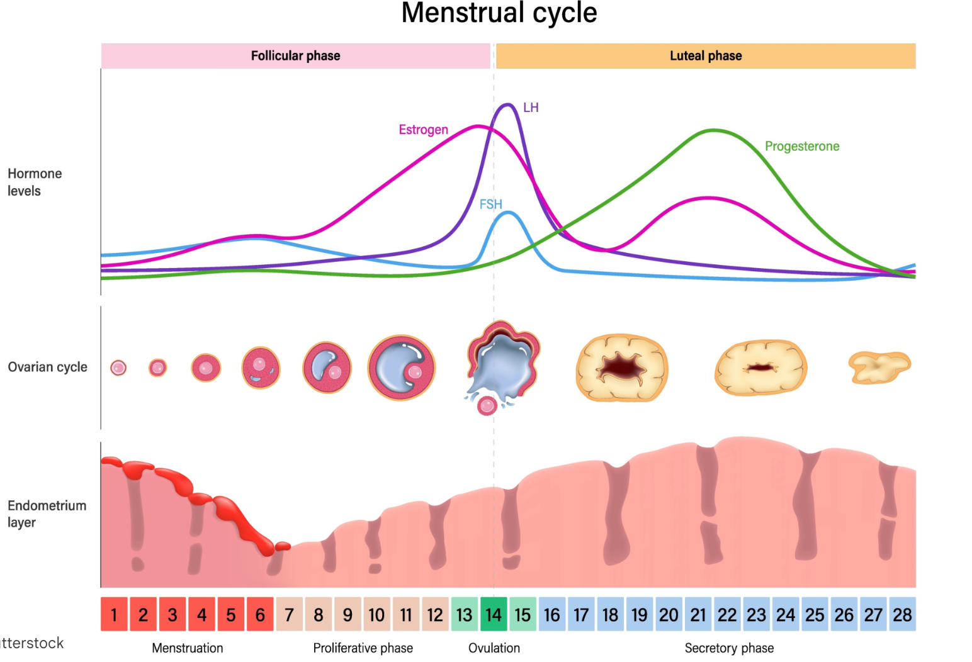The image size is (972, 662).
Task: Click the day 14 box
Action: [x=494, y=614]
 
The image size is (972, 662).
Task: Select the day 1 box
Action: [x=114, y=614]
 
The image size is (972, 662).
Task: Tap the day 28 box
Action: [x=902, y=614]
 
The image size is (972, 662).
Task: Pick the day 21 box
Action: [x=698, y=614]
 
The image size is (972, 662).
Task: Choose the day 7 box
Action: [x=289, y=614]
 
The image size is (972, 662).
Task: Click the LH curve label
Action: [x=531, y=108]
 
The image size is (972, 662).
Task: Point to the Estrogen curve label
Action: [x=423, y=130]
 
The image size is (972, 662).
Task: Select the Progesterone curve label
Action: [x=801, y=147]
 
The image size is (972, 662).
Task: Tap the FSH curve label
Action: [x=490, y=205]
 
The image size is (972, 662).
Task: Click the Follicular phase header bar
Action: [x=295, y=56]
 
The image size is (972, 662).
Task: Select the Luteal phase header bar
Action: [x=705, y=56]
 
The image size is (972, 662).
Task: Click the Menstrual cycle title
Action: [x=499, y=13]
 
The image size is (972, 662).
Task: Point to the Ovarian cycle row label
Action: [x=47, y=367]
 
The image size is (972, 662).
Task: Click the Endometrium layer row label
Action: [x=46, y=513]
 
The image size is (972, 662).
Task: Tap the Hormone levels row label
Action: [x=35, y=182]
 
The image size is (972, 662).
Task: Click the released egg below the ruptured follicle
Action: [x=487, y=406]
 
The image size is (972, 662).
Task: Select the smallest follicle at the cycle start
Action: [x=118, y=368]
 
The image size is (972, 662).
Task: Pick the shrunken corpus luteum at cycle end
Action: [x=879, y=367]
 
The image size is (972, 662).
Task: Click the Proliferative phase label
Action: [x=363, y=648]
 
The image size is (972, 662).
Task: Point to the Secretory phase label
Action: [x=729, y=648]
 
